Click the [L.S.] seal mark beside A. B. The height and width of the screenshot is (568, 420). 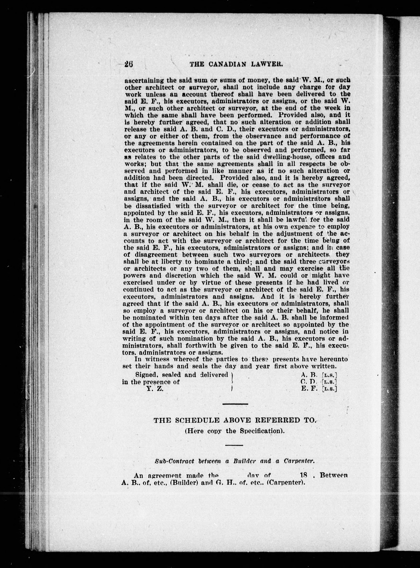(330, 375)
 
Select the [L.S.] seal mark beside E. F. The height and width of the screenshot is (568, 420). (330, 389)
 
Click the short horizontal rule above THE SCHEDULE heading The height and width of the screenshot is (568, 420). (235, 404)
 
